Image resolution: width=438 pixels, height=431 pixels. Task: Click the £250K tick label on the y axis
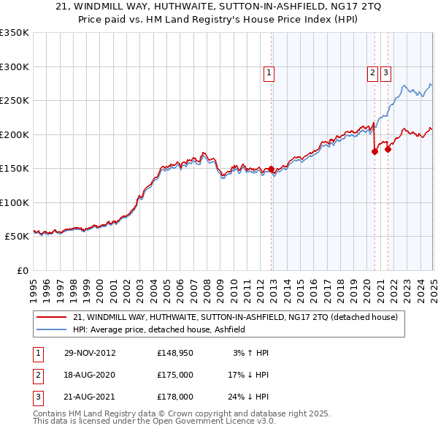coord(14,100)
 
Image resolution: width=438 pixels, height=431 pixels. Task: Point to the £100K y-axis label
coord(14,202)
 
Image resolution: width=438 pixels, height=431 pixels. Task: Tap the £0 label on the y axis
coord(21,270)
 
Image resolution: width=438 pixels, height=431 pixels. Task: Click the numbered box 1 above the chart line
coord(269,72)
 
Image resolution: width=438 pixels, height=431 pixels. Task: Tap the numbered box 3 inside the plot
coord(385,72)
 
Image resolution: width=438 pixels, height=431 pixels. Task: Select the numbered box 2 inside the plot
coord(372,72)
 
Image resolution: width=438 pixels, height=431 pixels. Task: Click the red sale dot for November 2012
coord(272,169)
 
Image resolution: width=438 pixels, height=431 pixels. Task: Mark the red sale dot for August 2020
coord(374,151)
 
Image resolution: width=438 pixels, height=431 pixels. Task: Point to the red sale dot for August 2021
coord(388,150)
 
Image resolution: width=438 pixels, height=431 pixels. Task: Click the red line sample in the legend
coord(51,317)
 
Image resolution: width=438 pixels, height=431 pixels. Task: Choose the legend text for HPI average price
coord(158,329)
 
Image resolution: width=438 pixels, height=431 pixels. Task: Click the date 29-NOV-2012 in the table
coord(90,353)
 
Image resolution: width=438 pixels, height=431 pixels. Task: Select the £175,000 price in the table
coord(174,375)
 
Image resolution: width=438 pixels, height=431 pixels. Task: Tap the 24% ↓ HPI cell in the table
coord(247,397)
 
